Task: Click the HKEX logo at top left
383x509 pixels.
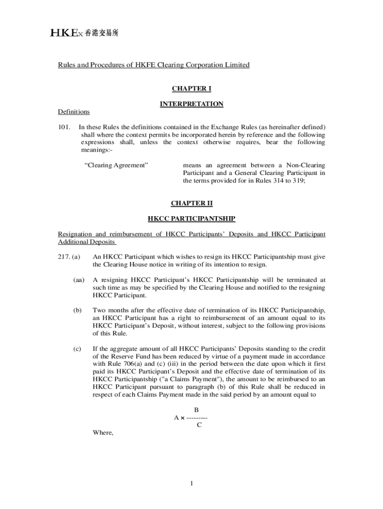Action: (85, 33)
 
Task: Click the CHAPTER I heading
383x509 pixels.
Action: (191, 88)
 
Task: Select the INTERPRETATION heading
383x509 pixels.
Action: (191, 104)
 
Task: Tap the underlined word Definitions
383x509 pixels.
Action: (74, 112)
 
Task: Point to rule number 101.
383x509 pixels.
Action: (65, 127)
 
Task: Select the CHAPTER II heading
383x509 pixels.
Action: (191, 203)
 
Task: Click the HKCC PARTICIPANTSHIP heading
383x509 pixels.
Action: (191, 218)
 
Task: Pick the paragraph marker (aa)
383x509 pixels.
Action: (79, 280)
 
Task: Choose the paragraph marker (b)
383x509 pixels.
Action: (77, 310)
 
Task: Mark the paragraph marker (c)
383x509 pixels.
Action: (77, 348)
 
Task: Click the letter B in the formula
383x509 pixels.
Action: (196, 410)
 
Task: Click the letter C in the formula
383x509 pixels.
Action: (199, 425)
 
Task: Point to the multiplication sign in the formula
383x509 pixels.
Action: (183, 418)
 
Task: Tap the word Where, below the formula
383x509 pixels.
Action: (103, 432)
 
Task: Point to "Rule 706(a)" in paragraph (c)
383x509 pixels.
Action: (124, 364)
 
